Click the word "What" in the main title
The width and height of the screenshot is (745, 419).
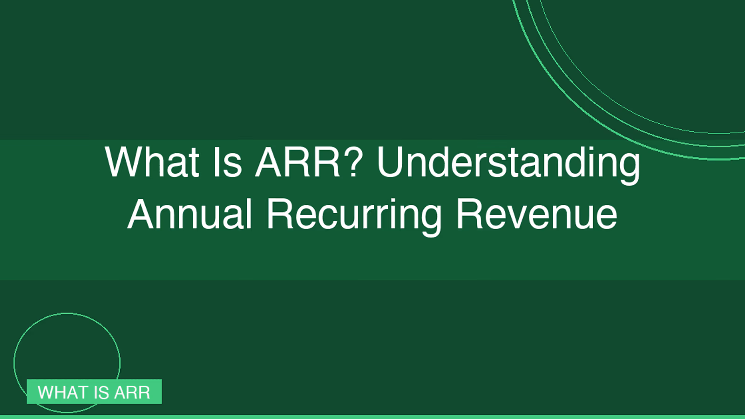pos(152,162)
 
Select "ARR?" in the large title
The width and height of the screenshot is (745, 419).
pos(308,162)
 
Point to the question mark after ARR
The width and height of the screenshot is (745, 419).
pos(352,162)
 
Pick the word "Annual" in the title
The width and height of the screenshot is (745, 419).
pos(190,214)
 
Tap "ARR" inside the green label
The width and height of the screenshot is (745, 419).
pos(132,392)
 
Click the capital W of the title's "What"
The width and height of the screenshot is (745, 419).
pos(125,162)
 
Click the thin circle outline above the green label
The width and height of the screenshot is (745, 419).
pos(67,313)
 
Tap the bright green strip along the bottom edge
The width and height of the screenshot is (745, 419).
pos(372,417)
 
